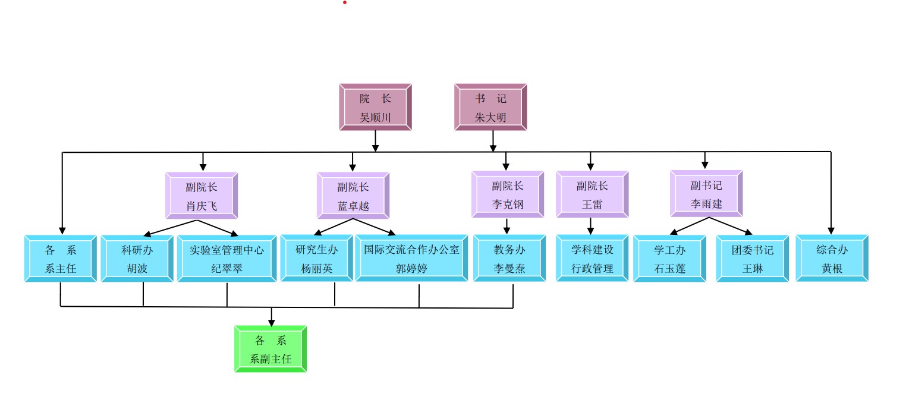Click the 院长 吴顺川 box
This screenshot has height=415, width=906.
[x=375, y=107]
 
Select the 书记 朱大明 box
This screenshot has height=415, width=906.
[x=490, y=107]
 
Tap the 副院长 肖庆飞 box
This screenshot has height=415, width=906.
[x=202, y=196]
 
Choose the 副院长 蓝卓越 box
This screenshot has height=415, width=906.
[x=353, y=196]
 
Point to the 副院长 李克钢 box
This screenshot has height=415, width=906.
[x=508, y=194]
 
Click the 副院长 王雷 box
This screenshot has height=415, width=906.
[x=592, y=194]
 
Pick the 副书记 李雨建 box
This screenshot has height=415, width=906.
[x=706, y=194]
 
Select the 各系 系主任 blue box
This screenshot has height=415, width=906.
[x=61, y=259]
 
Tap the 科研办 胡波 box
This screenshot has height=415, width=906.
[x=137, y=259]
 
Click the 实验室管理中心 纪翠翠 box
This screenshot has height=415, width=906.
[x=227, y=259]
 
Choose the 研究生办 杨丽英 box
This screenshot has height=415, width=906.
[x=316, y=259]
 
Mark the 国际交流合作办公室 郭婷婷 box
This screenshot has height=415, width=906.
[x=411, y=259]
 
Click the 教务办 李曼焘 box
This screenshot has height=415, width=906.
[x=509, y=259]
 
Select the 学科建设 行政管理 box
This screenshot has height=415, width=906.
[x=592, y=259]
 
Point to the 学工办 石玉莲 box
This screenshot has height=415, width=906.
[x=669, y=259]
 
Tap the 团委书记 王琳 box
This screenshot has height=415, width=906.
[x=753, y=259]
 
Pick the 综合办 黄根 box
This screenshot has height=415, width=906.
[x=832, y=259]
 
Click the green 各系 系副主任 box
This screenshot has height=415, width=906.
[x=270, y=349]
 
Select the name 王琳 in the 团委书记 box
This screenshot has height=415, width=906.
[x=753, y=269]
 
